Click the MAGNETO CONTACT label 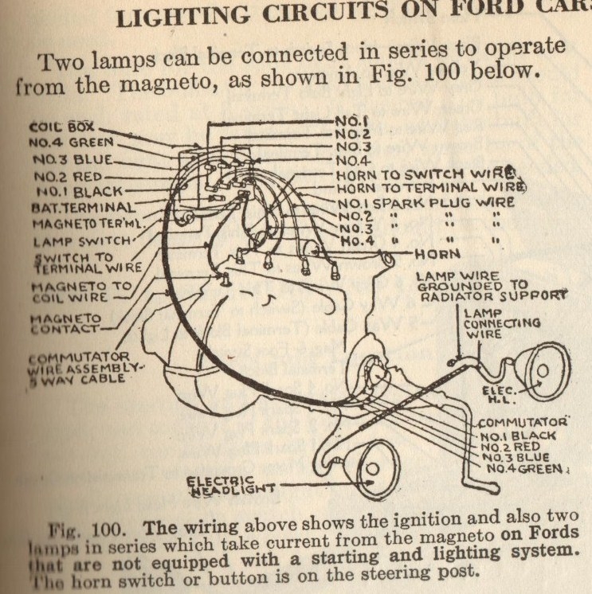tap(65, 321)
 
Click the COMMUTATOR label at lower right tap(526, 421)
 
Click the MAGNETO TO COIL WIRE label tap(76, 291)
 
